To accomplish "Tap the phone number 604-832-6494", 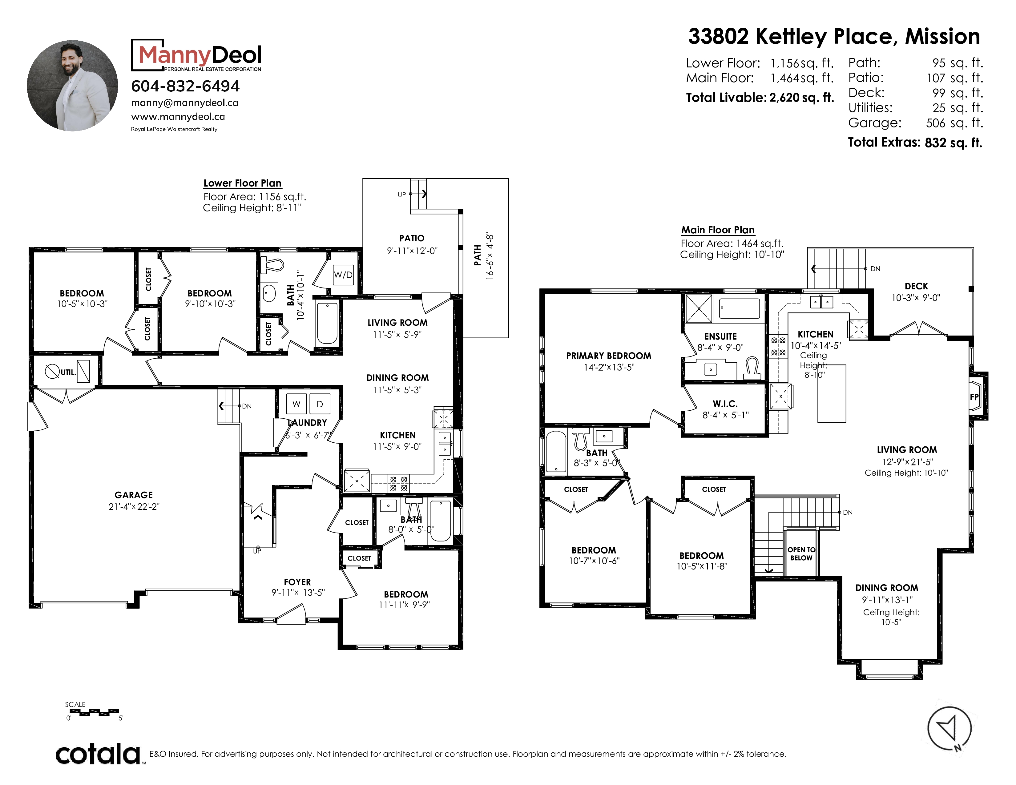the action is tap(185, 86).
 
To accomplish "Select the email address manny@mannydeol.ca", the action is tap(185, 103).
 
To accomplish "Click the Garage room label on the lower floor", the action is tap(134, 495).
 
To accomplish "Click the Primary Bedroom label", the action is tap(608, 356).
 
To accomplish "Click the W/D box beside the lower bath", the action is tap(343, 275).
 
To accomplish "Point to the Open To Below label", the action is tap(801, 554).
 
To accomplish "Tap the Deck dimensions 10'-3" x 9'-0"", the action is tap(916, 298).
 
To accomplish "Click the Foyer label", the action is tap(297, 582).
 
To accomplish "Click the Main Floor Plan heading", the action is tap(718, 230).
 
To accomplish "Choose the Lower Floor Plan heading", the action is tap(242, 183).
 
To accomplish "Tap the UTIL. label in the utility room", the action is tap(68, 372).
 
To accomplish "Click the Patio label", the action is tap(412, 238).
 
